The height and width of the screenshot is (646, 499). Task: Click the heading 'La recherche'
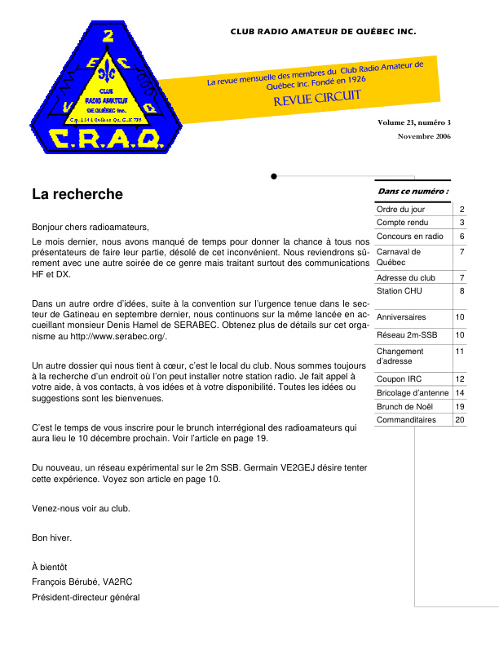coord(77,194)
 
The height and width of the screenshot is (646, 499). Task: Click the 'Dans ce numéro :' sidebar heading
coord(413,191)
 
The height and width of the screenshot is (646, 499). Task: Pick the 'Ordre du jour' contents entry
coord(400,210)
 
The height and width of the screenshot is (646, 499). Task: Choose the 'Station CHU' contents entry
coord(399,290)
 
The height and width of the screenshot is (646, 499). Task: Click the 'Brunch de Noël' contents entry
coord(404,406)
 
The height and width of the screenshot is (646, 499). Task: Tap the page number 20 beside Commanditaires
coord(460,420)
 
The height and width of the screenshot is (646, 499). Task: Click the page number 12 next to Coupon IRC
coord(460,379)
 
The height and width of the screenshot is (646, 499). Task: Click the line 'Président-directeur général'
coord(86,597)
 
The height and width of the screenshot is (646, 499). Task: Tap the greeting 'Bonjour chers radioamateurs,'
coord(91,226)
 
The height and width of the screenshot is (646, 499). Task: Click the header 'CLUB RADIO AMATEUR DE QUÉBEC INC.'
coord(323,32)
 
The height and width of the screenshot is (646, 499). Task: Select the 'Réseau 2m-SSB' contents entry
coord(405,334)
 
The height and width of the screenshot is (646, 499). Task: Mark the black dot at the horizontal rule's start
coord(274,175)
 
